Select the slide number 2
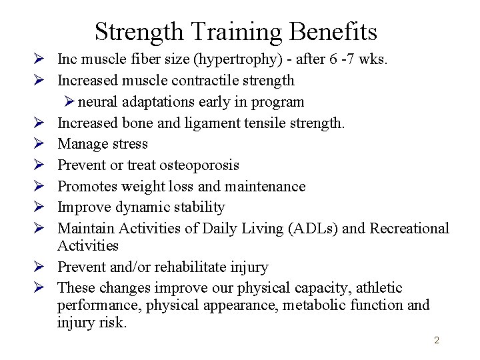[x=437, y=341]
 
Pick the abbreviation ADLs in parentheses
[x=309, y=229]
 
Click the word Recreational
[x=409, y=229]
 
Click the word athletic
[x=379, y=288]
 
